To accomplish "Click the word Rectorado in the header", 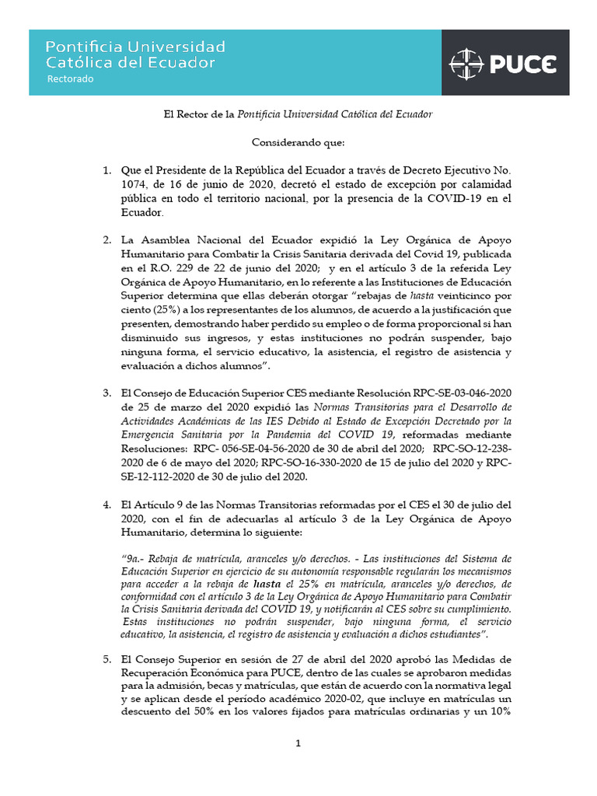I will point(70,79).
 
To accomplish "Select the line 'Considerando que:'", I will point(298,142).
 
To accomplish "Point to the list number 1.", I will point(107,170).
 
